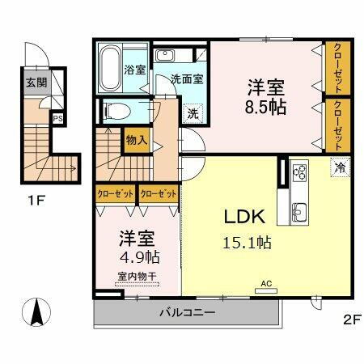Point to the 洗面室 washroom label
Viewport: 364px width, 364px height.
point(186,79)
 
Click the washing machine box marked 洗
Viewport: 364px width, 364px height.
point(193,113)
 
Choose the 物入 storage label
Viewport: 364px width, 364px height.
point(136,139)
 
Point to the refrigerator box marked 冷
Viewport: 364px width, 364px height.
point(341,167)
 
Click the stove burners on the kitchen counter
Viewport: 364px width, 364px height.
point(300,172)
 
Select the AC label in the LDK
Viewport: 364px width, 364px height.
point(265,283)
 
